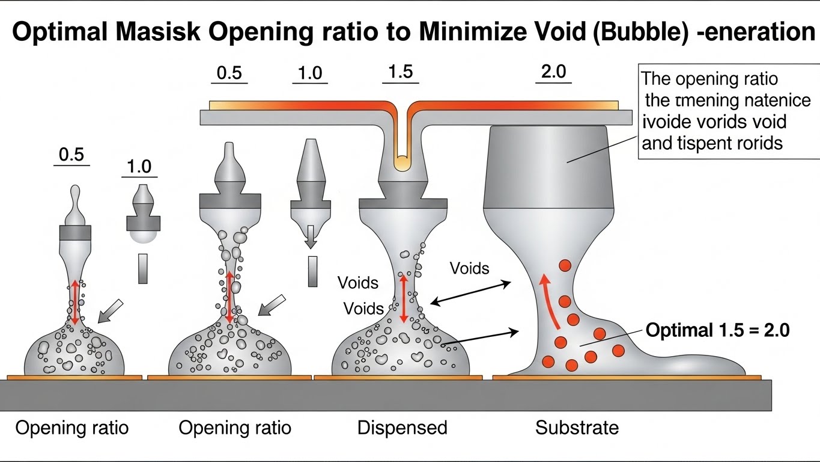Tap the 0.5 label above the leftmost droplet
[71, 155]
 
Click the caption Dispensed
[402, 428]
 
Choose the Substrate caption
[577, 428]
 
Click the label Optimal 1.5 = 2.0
[717, 330]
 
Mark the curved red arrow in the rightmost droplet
[548, 301]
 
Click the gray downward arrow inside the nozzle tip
[310, 236]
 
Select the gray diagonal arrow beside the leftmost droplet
[110, 310]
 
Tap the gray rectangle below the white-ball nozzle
[142, 268]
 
